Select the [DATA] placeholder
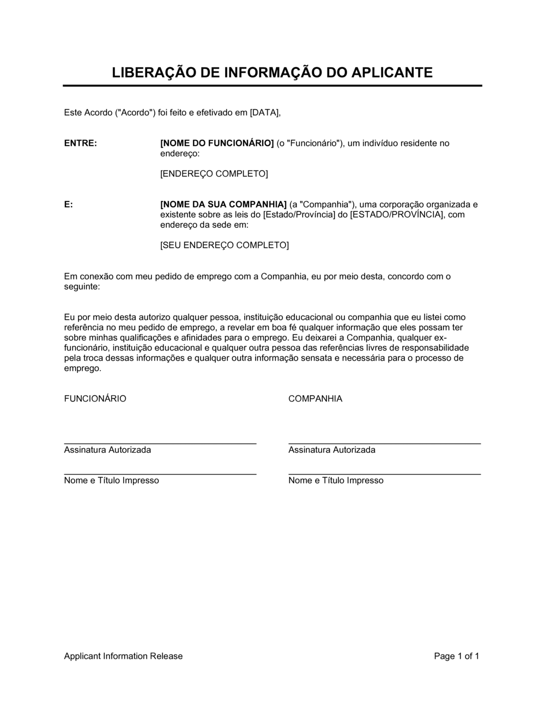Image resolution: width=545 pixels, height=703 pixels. (x=264, y=113)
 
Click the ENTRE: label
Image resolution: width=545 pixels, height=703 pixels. (x=81, y=143)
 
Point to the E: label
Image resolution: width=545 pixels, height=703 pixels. (x=69, y=204)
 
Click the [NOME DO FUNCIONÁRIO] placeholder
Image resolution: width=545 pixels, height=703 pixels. (x=217, y=143)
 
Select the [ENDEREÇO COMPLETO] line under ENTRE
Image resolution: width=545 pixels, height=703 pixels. (x=214, y=174)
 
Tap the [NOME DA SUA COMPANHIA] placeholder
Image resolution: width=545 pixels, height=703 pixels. (x=223, y=204)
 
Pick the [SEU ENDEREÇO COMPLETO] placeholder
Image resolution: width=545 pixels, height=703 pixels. (x=224, y=245)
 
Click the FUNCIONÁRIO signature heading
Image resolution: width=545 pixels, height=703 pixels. (x=95, y=399)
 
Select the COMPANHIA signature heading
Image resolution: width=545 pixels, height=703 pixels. (x=315, y=399)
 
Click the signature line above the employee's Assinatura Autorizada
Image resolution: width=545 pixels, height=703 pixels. (x=160, y=444)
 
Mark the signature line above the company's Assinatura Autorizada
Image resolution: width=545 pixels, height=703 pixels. (x=384, y=444)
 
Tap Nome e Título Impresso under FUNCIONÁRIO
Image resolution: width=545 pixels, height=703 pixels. (x=112, y=481)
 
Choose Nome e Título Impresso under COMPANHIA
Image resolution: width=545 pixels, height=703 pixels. (x=336, y=481)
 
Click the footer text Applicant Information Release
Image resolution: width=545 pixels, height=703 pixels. (x=123, y=656)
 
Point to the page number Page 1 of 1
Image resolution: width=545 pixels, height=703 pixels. (x=456, y=656)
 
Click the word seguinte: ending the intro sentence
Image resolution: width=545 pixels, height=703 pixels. (x=82, y=287)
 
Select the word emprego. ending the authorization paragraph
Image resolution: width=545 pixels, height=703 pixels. (x=83, y=368)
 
